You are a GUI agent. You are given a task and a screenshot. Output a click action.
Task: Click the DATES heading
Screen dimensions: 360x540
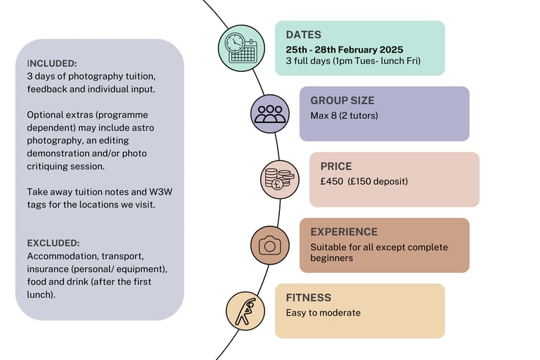pyautogui.click(x=303, y=35)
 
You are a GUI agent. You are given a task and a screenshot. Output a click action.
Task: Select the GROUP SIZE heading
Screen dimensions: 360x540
pyautogui.click(x=342, y=101)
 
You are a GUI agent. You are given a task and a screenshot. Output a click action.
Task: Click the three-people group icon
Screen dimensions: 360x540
pyautogui.click(x=270, y=114)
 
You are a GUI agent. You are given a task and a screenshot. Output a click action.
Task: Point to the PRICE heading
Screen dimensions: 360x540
pyautogui.click(x=336, y=167)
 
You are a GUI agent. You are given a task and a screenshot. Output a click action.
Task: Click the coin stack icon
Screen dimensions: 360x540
pyautogui.click(x=279, y=179)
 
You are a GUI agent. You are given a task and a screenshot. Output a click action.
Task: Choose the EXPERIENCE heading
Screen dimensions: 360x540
pyautogui.click(x=344, y=232)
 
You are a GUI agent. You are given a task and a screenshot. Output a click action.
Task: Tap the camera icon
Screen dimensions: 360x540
pyautogui.click(x=270, y=245)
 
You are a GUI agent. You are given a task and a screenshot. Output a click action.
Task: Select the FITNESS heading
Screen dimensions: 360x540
pyautogui.click(x=309, y=297)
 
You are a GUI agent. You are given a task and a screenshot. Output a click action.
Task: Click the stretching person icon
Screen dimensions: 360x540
pyautogui.click(x=245, y=311)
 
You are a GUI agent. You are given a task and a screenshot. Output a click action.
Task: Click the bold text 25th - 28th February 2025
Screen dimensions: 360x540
pyautogui.click(x=345, y=49)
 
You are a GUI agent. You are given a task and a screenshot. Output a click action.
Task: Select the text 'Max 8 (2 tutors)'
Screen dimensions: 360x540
pyautogui.click(x=344, y=115)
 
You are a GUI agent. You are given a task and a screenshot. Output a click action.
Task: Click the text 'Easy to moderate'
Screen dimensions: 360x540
pyautogui.click(x=323, y=313)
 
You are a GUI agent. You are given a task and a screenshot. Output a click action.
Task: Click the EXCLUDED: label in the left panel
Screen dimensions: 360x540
pyautogui.click(x=53, y=243)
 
